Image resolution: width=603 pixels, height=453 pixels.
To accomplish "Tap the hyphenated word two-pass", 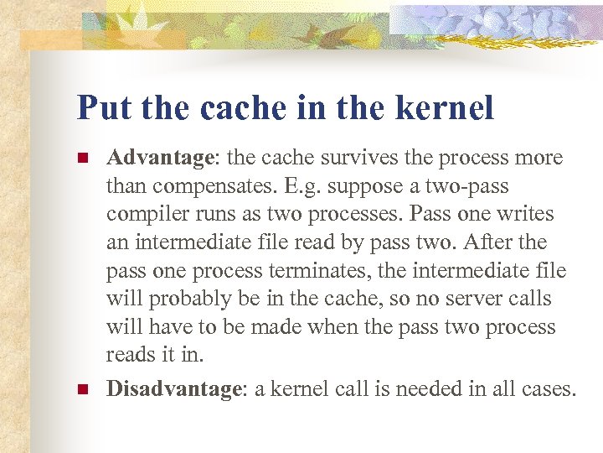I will [468, 186].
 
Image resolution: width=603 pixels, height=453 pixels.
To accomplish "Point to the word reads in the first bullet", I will [130, 356].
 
